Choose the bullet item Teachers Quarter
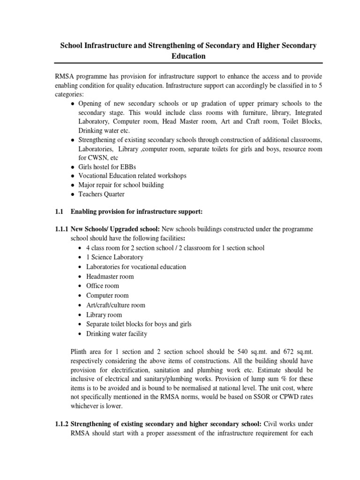102,195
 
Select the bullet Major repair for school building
121,185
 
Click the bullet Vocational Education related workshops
132,176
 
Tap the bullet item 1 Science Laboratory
115,257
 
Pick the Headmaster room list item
110,276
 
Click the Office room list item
103,286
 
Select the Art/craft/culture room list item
116,305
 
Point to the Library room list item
104,315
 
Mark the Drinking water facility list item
117,334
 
